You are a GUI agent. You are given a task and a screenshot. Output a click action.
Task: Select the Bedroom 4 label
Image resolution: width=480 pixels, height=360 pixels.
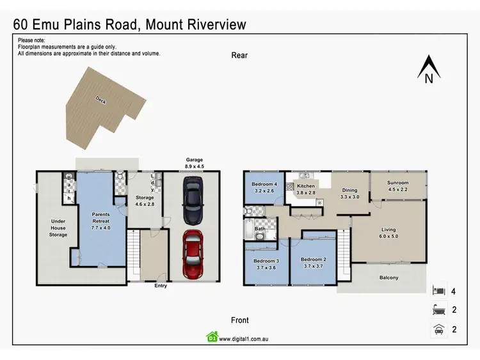click(264, 187)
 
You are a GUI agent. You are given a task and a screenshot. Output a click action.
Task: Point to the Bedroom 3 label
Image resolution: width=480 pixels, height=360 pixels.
click(266, 264)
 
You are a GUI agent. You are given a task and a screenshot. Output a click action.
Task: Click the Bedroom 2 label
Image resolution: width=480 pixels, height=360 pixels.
click(314, 262)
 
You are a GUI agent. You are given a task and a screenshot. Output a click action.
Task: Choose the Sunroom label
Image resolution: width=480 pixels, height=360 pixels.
click(397, 185)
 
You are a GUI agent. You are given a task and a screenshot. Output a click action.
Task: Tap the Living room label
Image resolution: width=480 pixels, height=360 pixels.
click(388, 233)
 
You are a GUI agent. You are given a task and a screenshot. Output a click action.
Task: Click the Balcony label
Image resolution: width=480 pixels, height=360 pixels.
click(388, 278)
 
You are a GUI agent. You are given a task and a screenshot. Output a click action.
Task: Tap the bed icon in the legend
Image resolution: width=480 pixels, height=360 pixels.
click(438, 291)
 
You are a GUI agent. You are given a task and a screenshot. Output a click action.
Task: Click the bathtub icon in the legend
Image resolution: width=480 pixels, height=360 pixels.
click(438, 311)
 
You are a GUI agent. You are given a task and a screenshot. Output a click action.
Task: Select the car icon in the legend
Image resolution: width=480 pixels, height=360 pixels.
click(438, 330)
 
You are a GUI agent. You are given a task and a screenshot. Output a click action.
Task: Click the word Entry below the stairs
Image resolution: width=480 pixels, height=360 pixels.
click(160, 286)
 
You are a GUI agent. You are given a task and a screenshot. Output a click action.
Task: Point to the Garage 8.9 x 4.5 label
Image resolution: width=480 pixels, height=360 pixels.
click(194, 163)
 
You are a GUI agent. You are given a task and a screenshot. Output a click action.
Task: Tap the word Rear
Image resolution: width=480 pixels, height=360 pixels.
click(239, 56)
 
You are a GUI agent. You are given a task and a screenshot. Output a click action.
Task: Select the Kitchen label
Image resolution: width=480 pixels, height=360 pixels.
click(306, 189)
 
